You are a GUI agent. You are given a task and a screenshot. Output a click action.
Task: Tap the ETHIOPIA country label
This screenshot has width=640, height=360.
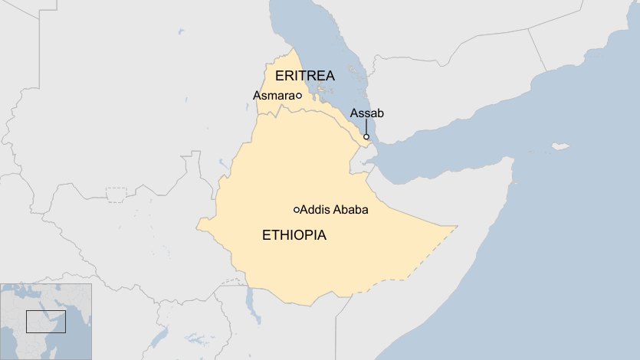(x=294, y=235)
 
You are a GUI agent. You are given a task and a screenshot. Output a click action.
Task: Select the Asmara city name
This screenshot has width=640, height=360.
(x=273, y=96)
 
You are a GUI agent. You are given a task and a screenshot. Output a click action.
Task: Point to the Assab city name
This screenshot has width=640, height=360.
(x=366, y=113)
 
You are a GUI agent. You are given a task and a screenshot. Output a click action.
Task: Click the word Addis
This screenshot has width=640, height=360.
(x=314, y=210)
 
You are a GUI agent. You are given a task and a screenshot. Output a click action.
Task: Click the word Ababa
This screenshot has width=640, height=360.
(x=349, y=210)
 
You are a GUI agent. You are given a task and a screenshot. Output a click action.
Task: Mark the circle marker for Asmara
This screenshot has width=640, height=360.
(x=298, y=96)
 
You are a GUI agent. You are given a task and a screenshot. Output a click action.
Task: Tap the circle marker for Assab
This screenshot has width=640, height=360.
(x=366, y=137)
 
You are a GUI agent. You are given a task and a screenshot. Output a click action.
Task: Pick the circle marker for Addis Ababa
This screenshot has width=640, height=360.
(x=297, y=210)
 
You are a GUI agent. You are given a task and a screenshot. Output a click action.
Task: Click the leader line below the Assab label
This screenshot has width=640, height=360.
(x=366, y=126)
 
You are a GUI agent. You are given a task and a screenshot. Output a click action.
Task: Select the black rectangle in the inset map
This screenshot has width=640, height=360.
(x=46, y=321)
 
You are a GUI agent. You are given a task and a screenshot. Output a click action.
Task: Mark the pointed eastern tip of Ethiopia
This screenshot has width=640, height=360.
(x=456, y=227)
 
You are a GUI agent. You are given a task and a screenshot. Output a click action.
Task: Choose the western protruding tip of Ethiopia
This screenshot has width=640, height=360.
(x=200, y=225)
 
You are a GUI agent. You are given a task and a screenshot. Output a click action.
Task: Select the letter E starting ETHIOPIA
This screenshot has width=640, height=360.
(x=266, y=235)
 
